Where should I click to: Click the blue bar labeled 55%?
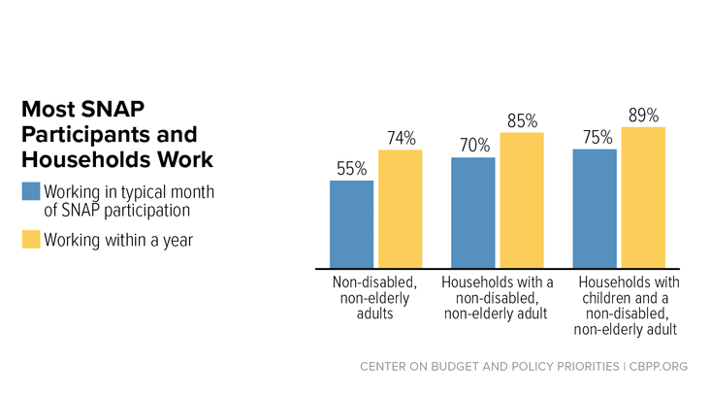point(351,224)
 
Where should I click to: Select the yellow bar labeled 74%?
point(401,209)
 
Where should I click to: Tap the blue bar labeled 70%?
point(473,213)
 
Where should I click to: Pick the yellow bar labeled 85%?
point(522,200)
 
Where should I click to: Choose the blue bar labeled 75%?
point(595,209)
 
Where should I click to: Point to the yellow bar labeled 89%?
point(643,198)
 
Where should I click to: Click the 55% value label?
point(351,169)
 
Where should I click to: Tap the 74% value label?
point(402,138)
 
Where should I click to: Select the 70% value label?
point(475,146)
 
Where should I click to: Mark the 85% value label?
point(523,121)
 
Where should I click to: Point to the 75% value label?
point(597,137)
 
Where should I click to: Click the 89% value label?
point(643,116)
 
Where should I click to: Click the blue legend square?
point(31,191)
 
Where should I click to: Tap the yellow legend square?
point(31,240)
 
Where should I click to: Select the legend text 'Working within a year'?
point(118,240)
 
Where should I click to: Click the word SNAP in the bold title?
point(113,109)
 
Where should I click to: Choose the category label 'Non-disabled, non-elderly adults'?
point(374,298)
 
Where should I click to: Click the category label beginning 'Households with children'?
point(627,306)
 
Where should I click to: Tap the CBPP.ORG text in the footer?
point(659,366)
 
